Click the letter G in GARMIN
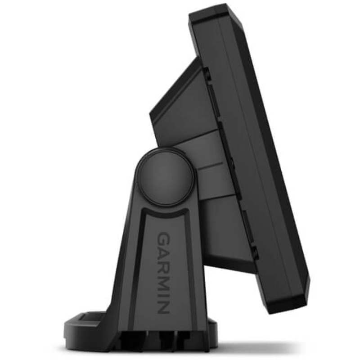point(163,239)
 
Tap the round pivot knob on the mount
point(165,177)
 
